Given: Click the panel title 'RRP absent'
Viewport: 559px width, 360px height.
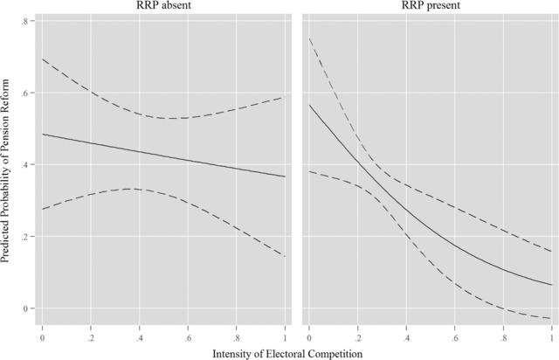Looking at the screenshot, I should [x=164, y=6].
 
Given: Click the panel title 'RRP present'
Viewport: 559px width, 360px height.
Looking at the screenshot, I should [x=430, y=6].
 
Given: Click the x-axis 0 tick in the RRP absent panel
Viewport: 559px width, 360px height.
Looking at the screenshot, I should [x=42, y=336].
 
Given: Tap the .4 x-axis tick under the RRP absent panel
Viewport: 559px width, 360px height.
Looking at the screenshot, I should [x=139, y=336].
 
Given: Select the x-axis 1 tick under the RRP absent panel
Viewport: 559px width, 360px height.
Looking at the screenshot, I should [x=285, y=336].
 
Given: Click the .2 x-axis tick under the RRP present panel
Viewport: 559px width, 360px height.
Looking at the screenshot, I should [x=357, y=336].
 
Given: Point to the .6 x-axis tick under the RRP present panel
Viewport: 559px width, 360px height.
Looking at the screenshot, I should [x=454, y=336].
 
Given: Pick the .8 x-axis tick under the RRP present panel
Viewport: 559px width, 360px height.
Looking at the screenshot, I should [x=503, y=336].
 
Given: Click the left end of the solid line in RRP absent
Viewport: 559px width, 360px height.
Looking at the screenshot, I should [x=42, y=134].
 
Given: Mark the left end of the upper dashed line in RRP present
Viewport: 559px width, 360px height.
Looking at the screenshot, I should [x=309, y=38].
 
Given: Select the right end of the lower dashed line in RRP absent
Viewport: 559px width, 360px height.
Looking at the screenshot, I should [x=285, y=256].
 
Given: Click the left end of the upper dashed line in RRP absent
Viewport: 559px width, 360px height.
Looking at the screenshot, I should [x=42, y=59].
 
